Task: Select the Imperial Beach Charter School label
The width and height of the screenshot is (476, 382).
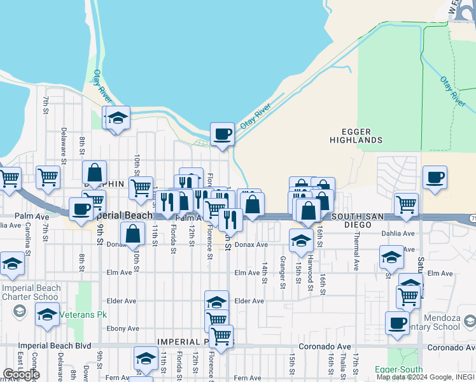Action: [x=32, y=292]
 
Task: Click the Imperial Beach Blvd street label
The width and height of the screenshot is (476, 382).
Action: [x=55, y=346]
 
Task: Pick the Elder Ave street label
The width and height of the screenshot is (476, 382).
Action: [x=249, y=301]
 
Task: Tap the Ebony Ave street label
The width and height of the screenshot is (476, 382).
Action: [x=123, y=329]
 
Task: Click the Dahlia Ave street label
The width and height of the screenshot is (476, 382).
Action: [x=398, y=234]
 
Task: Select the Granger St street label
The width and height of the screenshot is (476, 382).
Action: [x=283, y=272]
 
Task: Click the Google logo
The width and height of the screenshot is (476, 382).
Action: [x=21, y=374]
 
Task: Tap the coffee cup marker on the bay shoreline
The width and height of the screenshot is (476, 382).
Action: [x=222, y=134]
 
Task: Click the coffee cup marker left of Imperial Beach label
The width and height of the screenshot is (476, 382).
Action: [x=81, y=209]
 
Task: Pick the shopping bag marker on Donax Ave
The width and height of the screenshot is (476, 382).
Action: [x=132, y=234]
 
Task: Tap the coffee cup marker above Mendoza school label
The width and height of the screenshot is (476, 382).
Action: [x=397, y=323]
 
